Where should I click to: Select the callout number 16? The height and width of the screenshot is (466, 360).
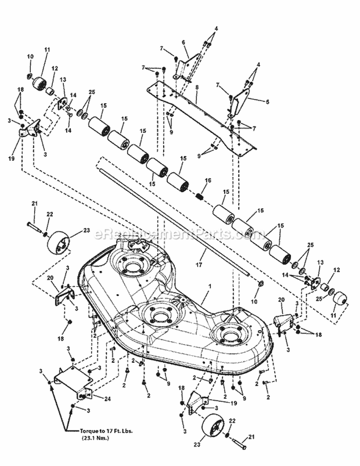point(207,180)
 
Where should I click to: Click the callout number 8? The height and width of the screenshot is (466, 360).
point(196,102)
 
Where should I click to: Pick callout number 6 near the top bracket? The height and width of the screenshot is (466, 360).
point(183,42)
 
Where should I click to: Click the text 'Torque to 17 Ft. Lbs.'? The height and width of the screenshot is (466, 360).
point(102,430)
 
